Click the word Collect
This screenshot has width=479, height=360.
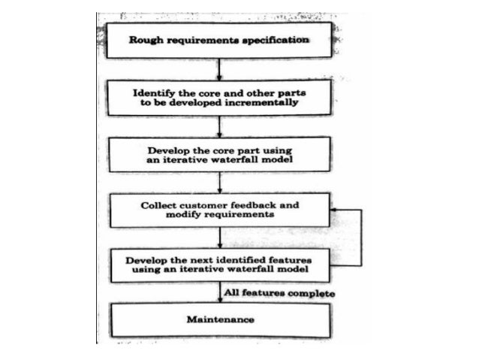tap(158, 205)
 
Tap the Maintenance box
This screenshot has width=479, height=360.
tap(220, 319)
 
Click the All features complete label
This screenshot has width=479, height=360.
tap(278, 292)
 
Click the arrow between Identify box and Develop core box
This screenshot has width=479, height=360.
tap(218, 125)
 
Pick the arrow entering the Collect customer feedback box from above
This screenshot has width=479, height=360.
tap(218, 182)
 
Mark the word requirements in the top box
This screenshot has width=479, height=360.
tap(203, 41)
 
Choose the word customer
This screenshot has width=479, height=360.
tap(202, 205)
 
